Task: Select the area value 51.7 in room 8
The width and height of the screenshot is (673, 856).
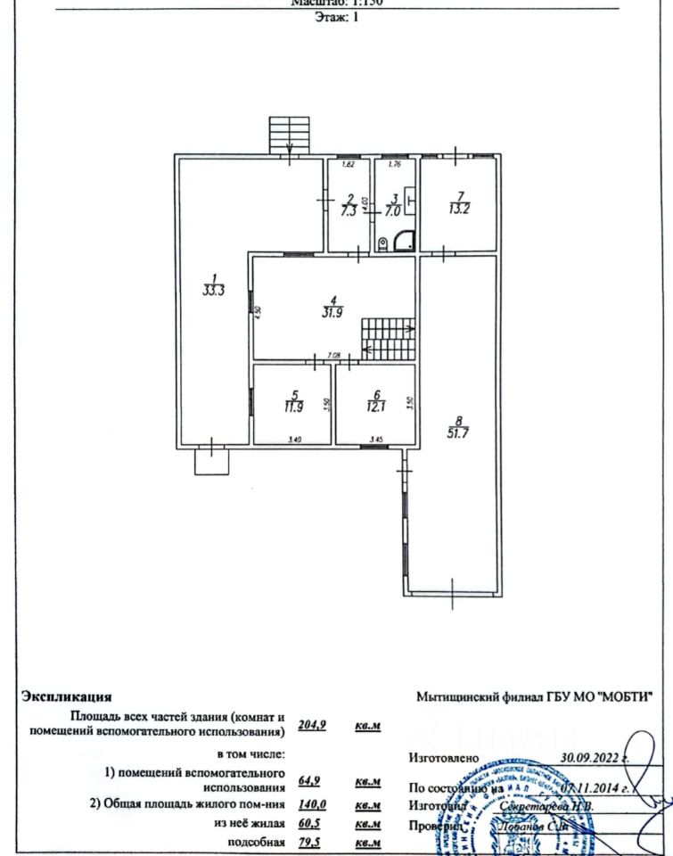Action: [458, 432]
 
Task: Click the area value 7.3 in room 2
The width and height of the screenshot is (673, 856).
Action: [350, 211]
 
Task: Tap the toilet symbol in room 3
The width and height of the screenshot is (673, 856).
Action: [382, 242]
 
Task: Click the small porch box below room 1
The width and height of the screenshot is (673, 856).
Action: [212, 460]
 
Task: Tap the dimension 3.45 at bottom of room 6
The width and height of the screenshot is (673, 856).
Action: [376, 439]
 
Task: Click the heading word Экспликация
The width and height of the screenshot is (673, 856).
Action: [67, 696]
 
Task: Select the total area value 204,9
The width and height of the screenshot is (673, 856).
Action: [310, 724]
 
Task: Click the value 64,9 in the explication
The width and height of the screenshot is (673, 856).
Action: [309, 782]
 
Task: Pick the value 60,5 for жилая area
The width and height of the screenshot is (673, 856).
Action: [309, 823]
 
